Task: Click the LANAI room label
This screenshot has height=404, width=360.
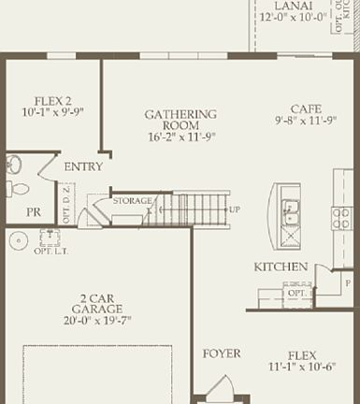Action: point(293,5)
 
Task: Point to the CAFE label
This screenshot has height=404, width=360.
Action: point(306,108)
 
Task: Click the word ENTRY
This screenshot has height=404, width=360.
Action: point(83,167)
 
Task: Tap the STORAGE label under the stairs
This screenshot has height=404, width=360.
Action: point(133,201)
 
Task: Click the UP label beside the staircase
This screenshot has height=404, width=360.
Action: point(235,209)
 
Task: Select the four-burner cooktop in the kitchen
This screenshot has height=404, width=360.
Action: point(341,219)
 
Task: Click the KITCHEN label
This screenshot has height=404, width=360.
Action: point(281,267)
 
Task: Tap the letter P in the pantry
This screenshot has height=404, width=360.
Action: point(321,271)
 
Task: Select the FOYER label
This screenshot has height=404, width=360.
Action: point(222,353)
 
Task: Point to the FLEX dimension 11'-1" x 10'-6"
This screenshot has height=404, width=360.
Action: point(303,368)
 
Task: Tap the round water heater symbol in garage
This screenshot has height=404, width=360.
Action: point(19,241)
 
